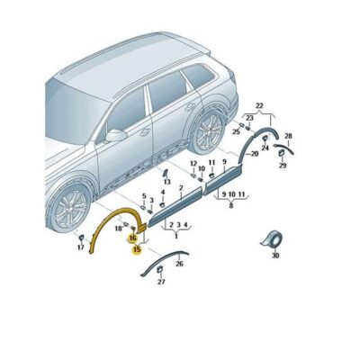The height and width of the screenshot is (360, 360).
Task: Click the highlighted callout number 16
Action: pos(133,238)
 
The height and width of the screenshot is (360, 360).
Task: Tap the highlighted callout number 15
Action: pos(136,251)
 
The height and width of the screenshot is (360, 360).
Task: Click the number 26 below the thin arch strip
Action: pos(179,264)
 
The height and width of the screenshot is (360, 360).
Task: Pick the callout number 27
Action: pos(161,283)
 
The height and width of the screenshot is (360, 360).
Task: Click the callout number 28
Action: pos(288,135)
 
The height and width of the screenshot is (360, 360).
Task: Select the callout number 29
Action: pos(282,166)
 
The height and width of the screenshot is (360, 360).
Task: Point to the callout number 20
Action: pos(255,154)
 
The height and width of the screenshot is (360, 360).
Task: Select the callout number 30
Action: pos(275,256)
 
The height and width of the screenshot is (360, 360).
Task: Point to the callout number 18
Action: pos(118,230)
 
